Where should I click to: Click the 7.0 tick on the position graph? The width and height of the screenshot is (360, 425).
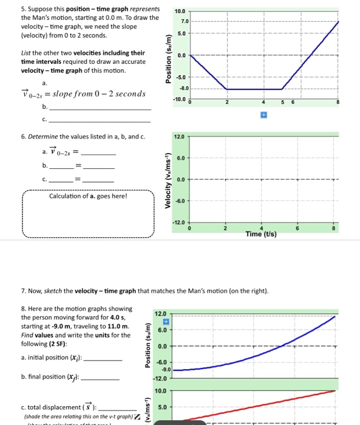coord(181,21)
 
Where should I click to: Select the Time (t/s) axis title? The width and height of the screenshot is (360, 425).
coord(262,234)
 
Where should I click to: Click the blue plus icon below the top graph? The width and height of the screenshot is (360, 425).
coord(264,114)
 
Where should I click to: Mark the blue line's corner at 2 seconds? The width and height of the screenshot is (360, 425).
coord(226,89)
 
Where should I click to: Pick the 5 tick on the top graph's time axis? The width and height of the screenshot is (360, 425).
coord(282,103)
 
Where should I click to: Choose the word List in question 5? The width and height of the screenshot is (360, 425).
coord(27,53)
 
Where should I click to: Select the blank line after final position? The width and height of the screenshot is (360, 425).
coord(100,378)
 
